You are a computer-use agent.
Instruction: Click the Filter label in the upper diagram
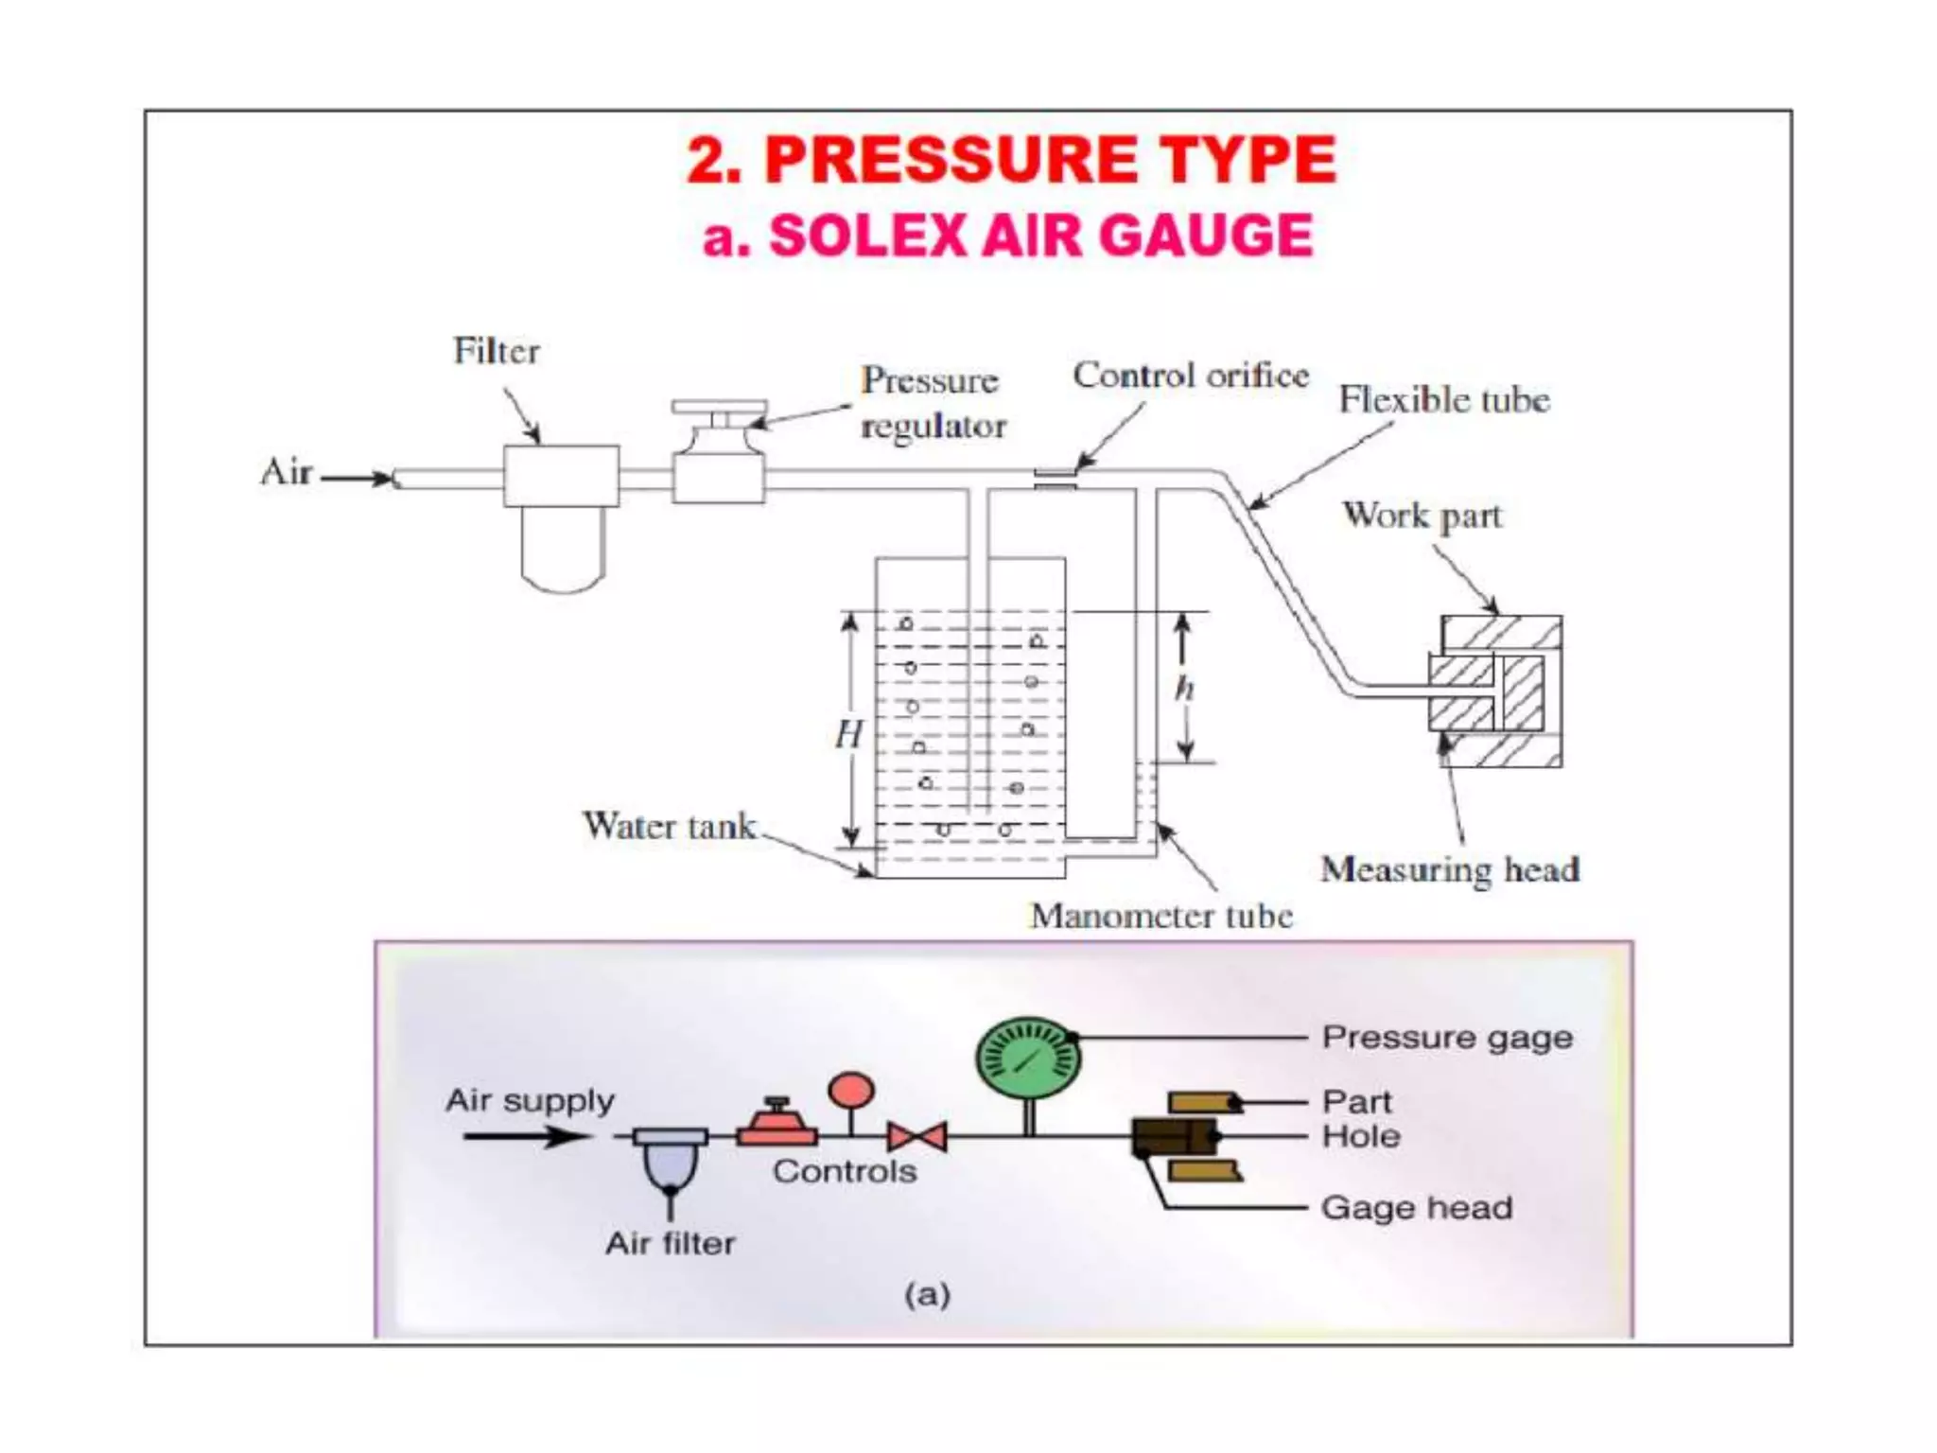pyautogui.click(x=497, y=351)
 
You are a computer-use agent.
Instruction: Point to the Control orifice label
pyautogui.click(x=1190, y=376)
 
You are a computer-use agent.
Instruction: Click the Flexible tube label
pyautogui.click(x=1443, y=399)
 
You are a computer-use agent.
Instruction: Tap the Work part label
pyautogui.click(x=1422, y=516)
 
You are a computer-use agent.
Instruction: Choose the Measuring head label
pyautogui.click(x=1450, y=868)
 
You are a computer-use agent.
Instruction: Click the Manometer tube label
pyautogui.click(x=1160, y=915)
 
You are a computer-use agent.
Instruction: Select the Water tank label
pyautogui.click(x=669, y=826)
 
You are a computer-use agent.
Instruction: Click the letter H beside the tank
pyautogui.click(x=848, y=734)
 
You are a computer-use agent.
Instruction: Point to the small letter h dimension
pyautogui.click(x=1184, y=688)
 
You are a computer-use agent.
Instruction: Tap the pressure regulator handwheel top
pyautogui.click(x=719, y=407)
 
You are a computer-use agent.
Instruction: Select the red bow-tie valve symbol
pyautogui.click(x=916, y=1136)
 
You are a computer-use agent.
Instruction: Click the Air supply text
pyautogui.click(x=530, y=1100)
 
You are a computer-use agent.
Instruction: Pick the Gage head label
pyautogui.click(x=1416, y=1208)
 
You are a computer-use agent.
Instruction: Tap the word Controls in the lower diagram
pyautogui.click(x=845, y=1171)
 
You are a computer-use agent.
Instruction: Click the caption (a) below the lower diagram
pyautogui.click(x=927, y=1294)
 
